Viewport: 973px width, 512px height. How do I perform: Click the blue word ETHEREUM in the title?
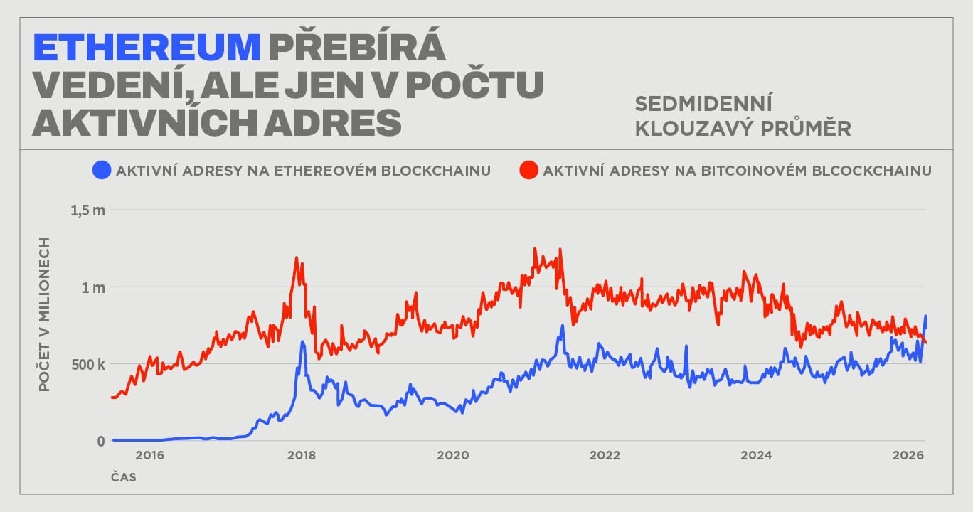coord(147,48)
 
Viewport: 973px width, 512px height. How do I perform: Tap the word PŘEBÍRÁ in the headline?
coord(357,48)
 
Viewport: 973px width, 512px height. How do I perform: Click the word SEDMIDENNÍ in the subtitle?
coord(703,104)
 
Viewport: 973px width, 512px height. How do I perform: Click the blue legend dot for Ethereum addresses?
coord(102,171)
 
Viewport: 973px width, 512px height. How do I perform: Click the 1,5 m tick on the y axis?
coord(87,210)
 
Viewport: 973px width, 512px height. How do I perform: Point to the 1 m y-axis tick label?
coord(92,287)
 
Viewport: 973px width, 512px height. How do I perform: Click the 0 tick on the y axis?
coord(100,441)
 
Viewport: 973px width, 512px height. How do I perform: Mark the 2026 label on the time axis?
coord(908,455)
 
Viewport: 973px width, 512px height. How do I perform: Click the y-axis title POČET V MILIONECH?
coord(44,314)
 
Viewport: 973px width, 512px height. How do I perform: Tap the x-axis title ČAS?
coord(123,477)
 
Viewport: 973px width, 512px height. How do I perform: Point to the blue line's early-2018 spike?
coord(302,342)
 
